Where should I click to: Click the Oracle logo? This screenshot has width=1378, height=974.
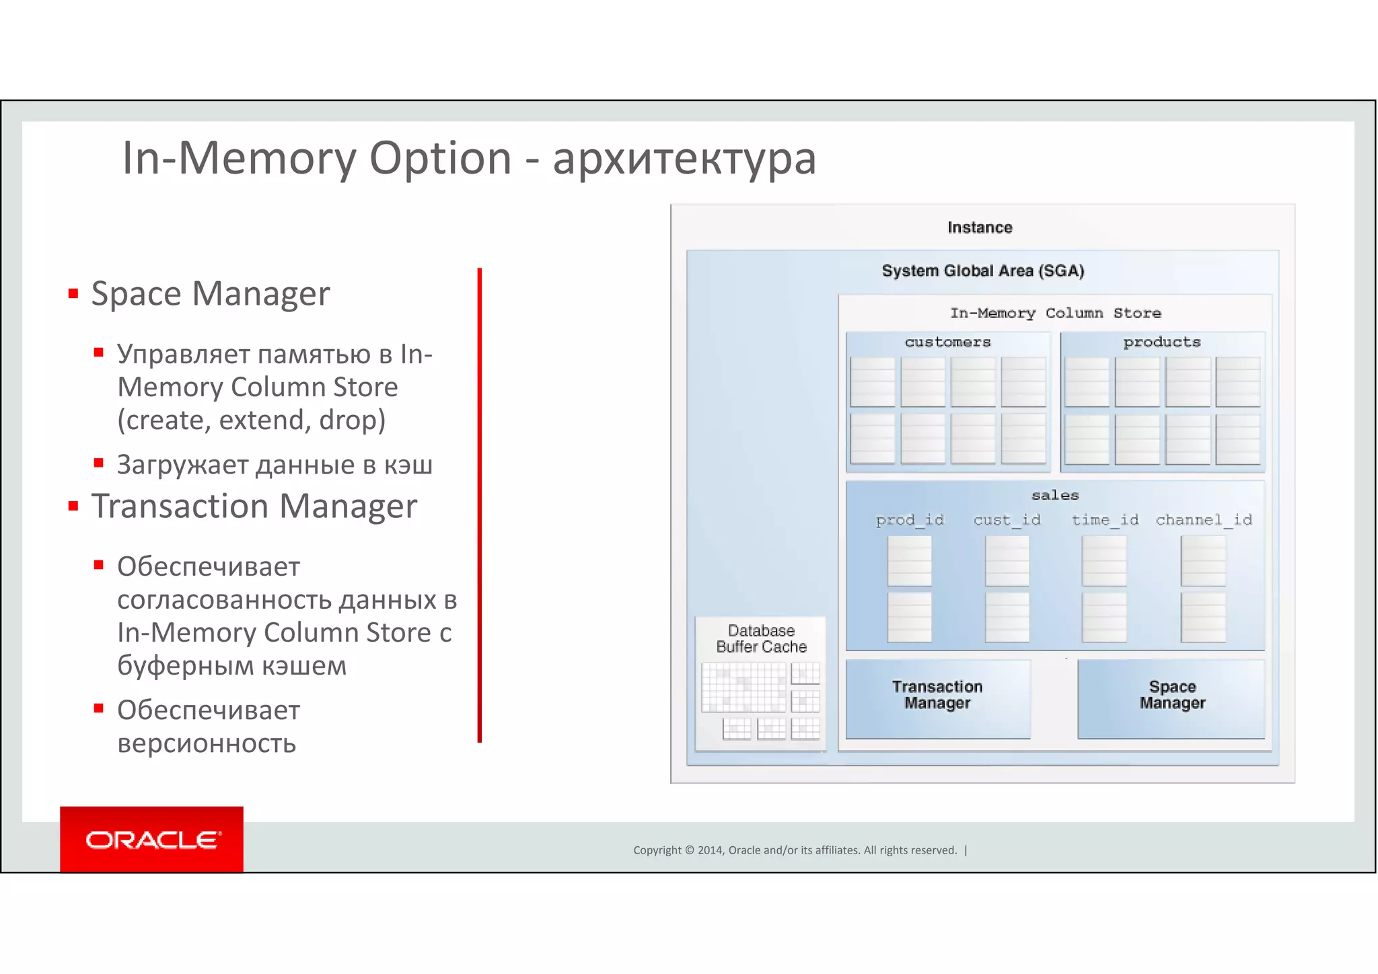pyautogui.click(x=151, y=839)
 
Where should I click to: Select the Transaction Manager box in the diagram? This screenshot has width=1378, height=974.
pyautogui.click(x=937, y=698)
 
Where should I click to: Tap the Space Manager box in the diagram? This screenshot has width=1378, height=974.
pyautogui.click(x=1171, y=698)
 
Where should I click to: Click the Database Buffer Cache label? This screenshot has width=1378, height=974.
pyautogui.click(x=761, y=639)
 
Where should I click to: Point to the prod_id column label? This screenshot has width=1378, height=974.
pyautogui.click(x=910, y=520)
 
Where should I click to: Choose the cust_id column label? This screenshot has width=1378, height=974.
pyautogui.click(x=1007, y=520)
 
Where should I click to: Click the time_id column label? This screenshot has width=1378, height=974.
pyautogui.click(x=1105, y=520)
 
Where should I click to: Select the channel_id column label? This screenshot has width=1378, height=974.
pyautogui.click(x=1204, y=520)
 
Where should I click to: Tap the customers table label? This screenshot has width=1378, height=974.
pyautogui.click(x=947, y=342)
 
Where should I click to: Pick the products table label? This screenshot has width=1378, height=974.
pyautogui.click(x=1162, y=342)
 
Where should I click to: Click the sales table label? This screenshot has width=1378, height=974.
pyautogui.click(x=1055, y=496)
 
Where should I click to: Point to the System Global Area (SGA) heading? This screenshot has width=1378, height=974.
pyautogui.click(x=983, y=271)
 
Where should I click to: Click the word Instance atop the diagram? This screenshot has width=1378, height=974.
pyautogui.click(x=980, y=228)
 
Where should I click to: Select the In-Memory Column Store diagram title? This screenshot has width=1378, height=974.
pyautogui.click(x=1055, y=313)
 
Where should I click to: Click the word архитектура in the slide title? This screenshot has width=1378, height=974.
pyautogui.click(x=684, y=159)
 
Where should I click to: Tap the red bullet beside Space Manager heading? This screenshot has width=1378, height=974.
pyautogui.click(x=73, y=294)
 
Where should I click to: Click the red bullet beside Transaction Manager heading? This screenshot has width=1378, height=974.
pyautogui.click(x=73, y=507)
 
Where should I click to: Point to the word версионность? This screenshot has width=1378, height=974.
pyautogui.click(x=207, y=743)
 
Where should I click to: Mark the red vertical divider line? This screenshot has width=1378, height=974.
pyautogui.click(x=480, y=504)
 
